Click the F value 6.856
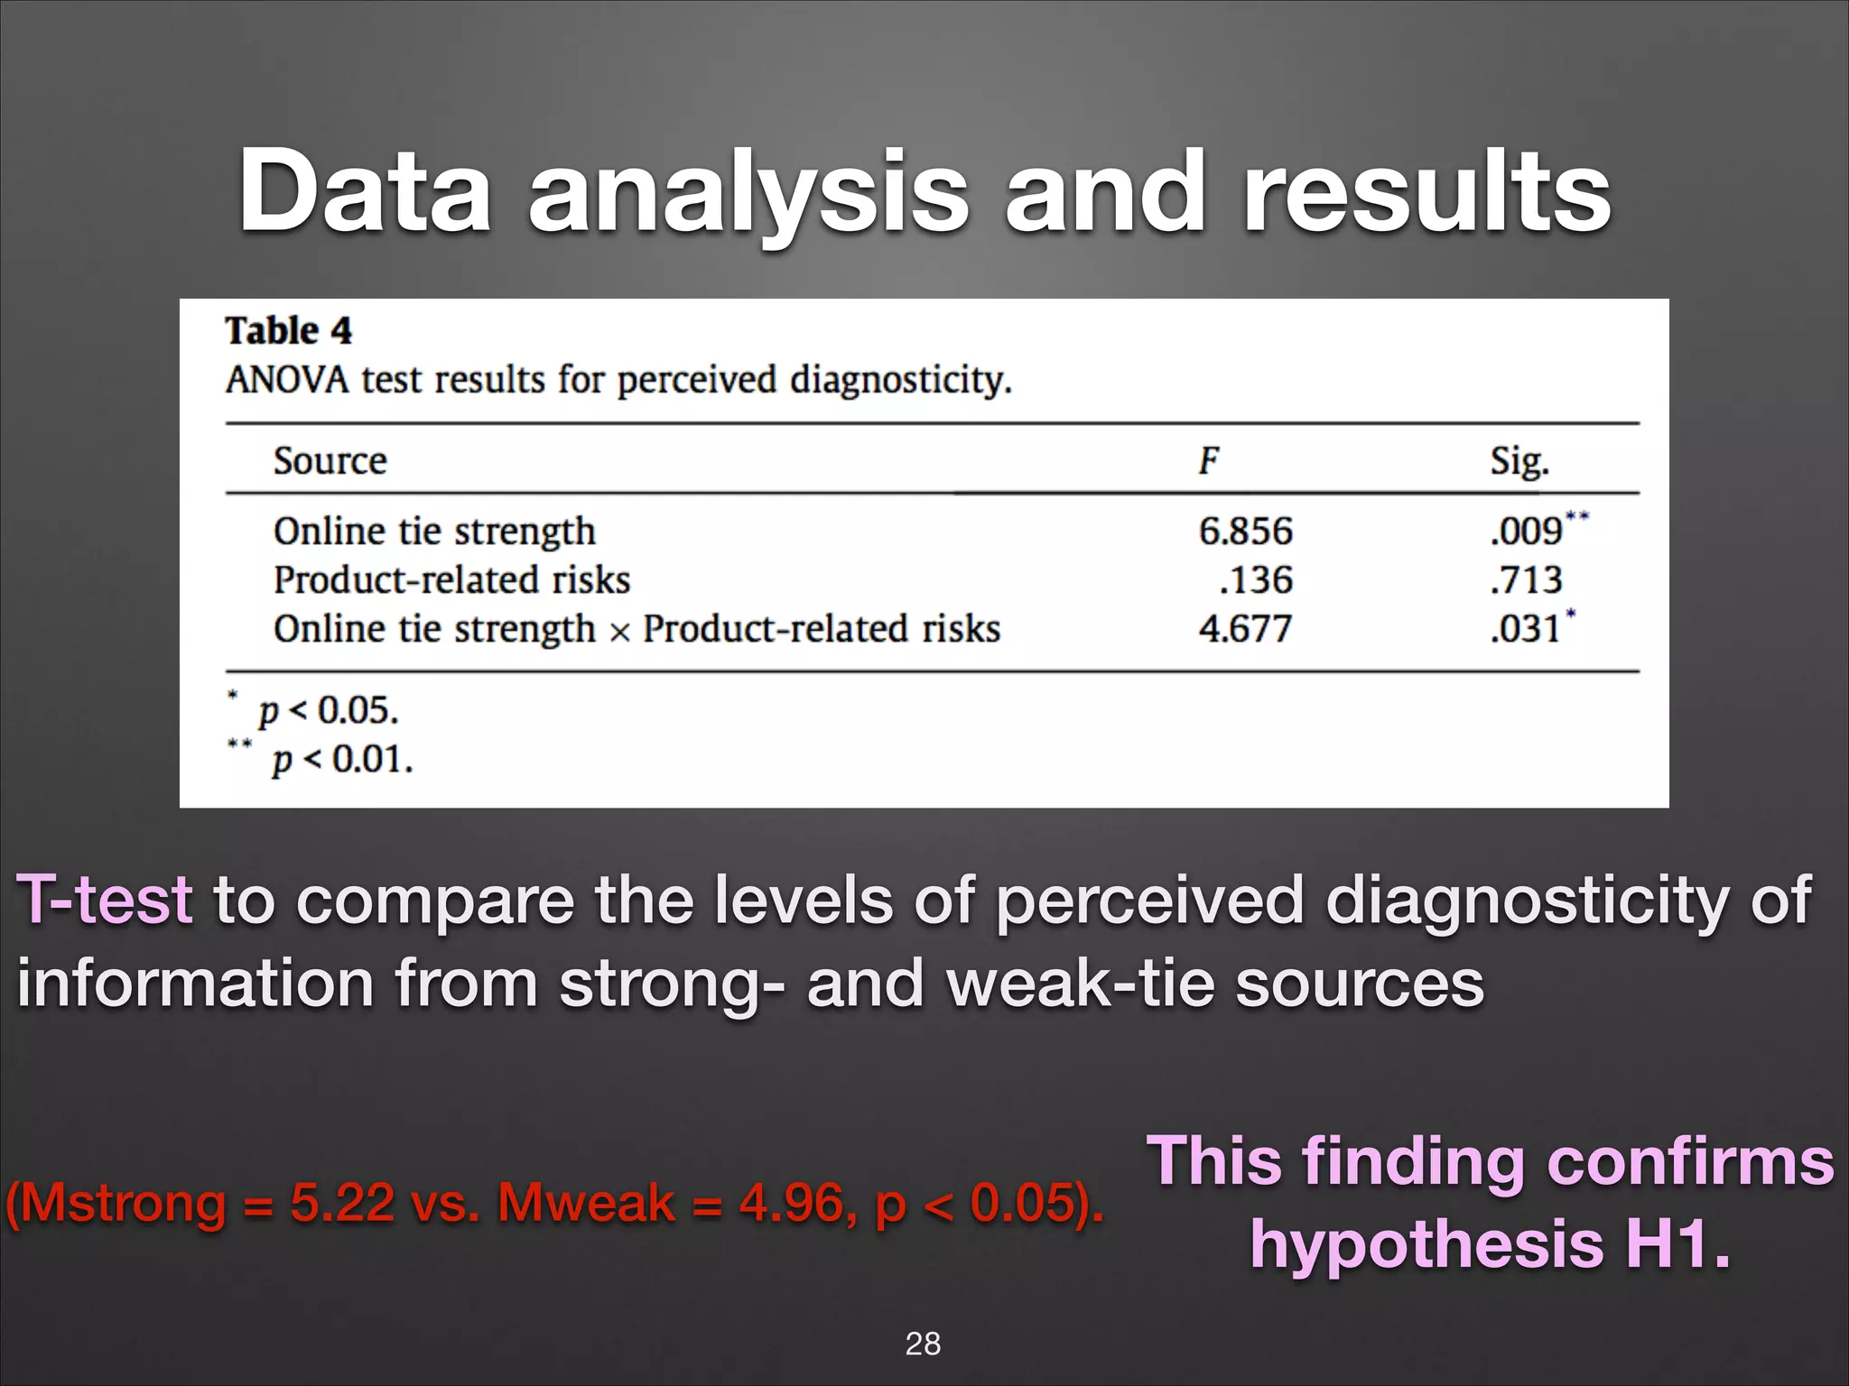point(1245,531)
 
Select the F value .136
point(1256,579)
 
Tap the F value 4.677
point(1245,628)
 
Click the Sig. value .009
point(1527,531)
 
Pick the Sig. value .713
point(1526,579)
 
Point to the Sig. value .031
point(1526,628)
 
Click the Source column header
point(330,460)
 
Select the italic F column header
point(1208,460)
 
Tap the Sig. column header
point(1519,461)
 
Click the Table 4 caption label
point(289,330)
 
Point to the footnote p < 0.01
point(342,759)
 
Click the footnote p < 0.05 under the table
point(328,711)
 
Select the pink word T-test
point(105,900)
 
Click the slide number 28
point(923,1344)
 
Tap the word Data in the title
point(365,192)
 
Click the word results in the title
point(1426,192)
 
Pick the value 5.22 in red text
point(342,1203)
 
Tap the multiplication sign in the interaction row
point(619,631)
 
